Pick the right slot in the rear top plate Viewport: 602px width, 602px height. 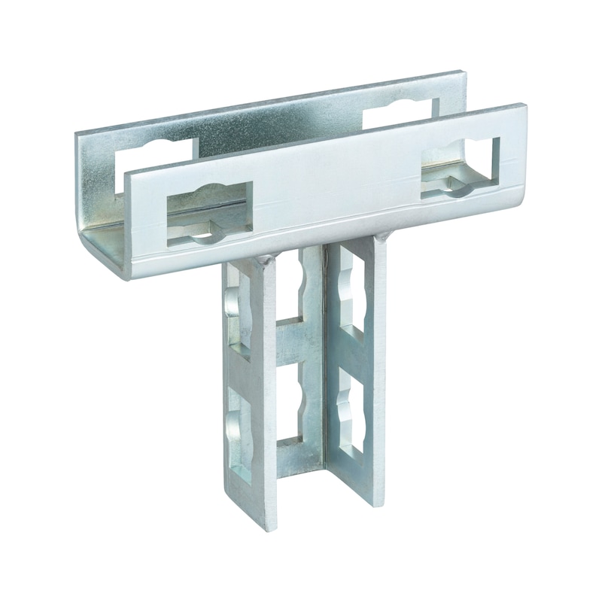pos(399,114)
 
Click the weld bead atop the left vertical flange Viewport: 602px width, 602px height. pos(263,259)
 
